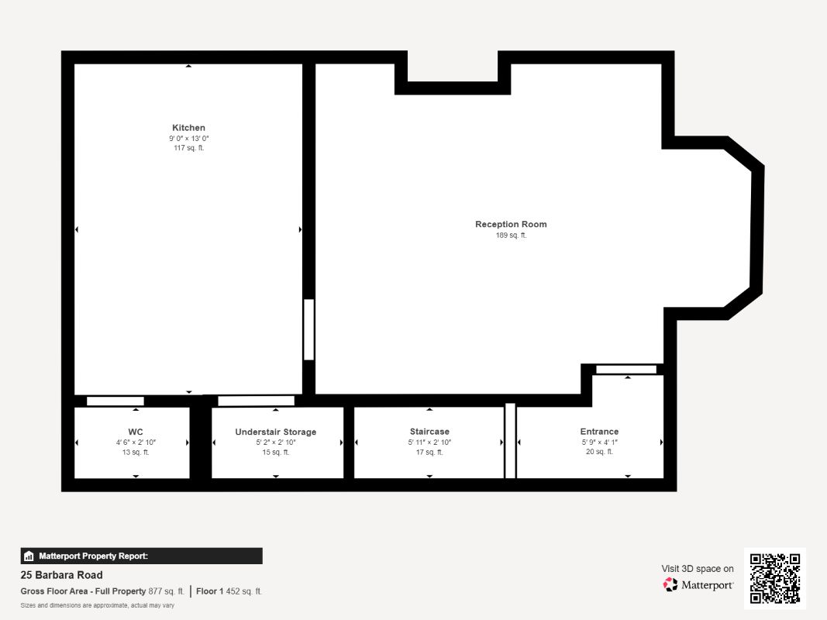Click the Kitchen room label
188,128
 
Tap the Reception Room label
511,224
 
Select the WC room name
135,432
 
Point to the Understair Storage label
275,432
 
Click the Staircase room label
429,432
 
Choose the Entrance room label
599,432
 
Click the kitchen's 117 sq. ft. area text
188,148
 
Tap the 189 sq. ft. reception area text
511,235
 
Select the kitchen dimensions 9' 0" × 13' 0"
188,138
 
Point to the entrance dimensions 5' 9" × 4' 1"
599,442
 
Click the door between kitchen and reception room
308,329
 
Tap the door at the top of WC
115,401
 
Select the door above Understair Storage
256,401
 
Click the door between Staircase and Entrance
510,440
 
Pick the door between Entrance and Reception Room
625,369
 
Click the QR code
774,578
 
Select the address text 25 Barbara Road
61,575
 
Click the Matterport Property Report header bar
141,556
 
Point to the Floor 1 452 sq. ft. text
229,591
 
